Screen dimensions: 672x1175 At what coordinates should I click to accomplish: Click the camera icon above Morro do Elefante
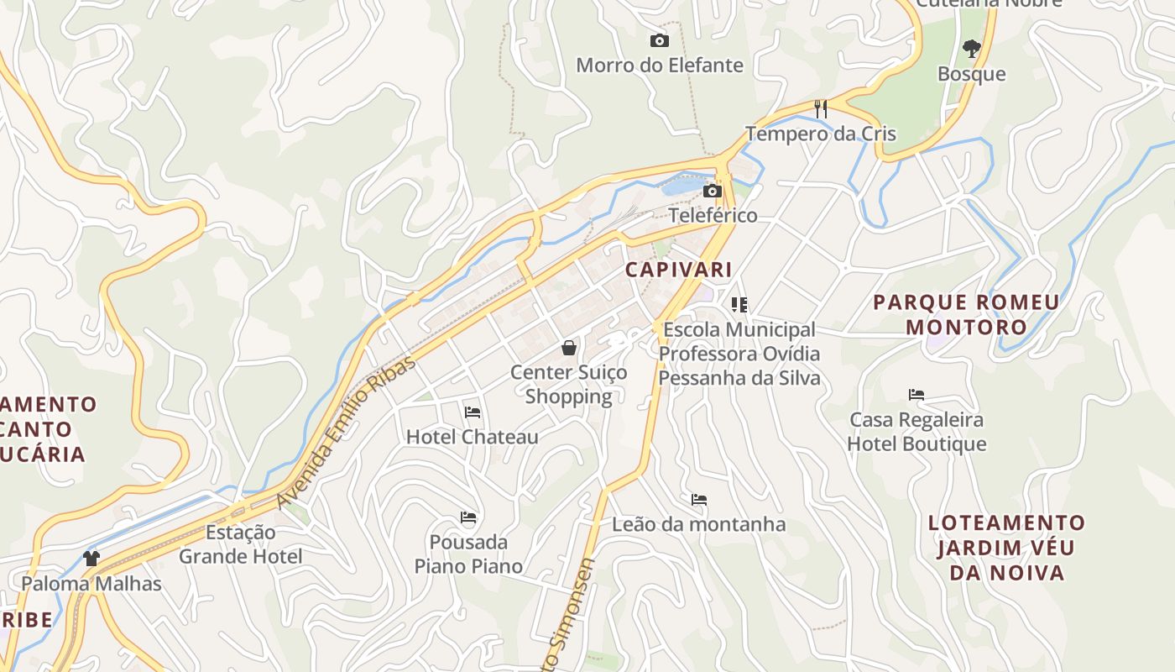660,40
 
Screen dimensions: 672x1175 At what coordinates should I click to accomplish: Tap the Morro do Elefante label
660,66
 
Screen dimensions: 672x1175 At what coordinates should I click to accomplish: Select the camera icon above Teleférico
713,192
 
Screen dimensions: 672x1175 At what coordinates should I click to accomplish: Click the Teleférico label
713,216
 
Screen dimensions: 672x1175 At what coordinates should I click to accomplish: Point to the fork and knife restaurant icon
821,108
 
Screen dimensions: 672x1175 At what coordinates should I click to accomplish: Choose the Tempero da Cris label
821,134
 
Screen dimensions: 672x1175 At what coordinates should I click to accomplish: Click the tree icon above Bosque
972,49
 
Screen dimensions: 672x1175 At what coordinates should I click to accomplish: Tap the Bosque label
972,74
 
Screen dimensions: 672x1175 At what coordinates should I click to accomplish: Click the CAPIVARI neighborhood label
678,270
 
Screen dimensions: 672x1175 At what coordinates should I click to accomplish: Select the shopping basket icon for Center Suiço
569,348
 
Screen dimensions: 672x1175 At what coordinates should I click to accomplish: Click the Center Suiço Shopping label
569,385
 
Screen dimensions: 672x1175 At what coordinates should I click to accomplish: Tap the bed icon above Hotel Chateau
473,412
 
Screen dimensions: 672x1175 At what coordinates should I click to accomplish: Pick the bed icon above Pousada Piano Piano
468,517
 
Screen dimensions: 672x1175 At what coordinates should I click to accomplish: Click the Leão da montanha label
698,525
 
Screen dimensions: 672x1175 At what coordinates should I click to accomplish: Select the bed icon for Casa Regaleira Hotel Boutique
916,395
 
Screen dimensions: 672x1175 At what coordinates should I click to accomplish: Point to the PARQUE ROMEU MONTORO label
967,314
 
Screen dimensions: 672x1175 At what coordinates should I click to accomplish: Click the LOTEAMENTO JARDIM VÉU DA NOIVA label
1006,548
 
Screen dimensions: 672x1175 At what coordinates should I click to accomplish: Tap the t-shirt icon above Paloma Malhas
91,559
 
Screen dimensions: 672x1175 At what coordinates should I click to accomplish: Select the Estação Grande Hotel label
241,544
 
